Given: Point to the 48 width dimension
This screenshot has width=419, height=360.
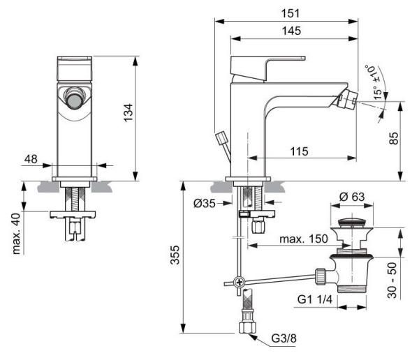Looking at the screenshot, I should [x=30, y=160].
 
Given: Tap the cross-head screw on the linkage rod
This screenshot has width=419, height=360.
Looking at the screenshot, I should [x=240, y=283].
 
